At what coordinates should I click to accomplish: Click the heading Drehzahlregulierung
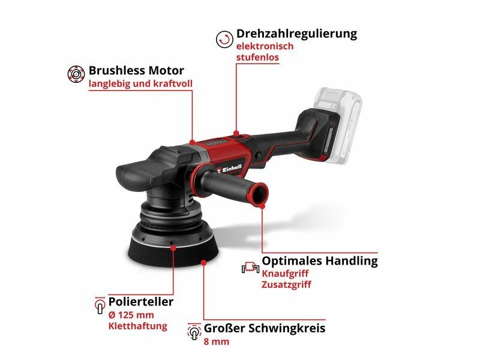[x=296, y=34]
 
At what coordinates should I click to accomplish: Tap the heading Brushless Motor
[x=136, y=70]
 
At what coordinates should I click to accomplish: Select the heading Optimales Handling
[x=320, y=261]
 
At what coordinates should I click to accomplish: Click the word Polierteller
[x=141, y=302]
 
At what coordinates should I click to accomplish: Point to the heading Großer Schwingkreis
[x=265, y=328]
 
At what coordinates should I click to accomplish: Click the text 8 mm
[x=217, y=341]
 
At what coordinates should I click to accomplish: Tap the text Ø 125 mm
[x=131, y=315]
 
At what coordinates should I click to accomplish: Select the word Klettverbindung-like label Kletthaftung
[x=138, y=326]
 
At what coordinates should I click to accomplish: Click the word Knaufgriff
[x=285, y=274]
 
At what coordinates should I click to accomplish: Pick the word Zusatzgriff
[x=286, y=284]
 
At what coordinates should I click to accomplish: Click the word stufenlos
[x=257, y=57]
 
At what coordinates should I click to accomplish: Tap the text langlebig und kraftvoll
[x=140, y=83]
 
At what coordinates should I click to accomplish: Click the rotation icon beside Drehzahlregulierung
[x=224, y=39]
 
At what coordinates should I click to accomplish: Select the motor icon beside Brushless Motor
[x=76, y=74]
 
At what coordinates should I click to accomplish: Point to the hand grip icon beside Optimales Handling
[x=250, y=267]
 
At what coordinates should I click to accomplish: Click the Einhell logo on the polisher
[x=230, y=169]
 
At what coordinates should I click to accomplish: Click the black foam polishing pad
[x=173, y=251]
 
